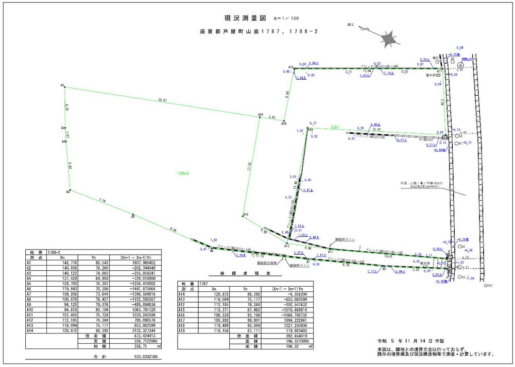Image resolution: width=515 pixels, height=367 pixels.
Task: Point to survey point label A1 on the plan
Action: point(62,84)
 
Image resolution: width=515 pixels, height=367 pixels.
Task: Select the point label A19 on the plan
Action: point(284,124)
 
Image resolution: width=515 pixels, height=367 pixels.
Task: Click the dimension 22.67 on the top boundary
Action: point(163,100)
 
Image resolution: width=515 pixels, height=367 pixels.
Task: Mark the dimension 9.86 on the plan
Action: point(173,230)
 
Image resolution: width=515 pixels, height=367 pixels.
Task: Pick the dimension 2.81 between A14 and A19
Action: point(273,117)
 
